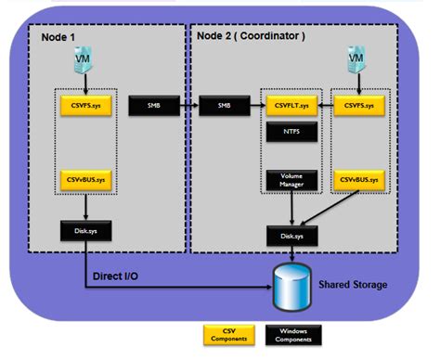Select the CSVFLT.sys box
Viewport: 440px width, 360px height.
pyautogui.click(x=287, y=105)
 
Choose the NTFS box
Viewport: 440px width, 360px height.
pyautogui.click(x=287, y=131)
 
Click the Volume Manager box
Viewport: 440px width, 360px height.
pyautogui.click(x=287, y=180)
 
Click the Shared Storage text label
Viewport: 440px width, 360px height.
pyautogui.click(x=352, y=286)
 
